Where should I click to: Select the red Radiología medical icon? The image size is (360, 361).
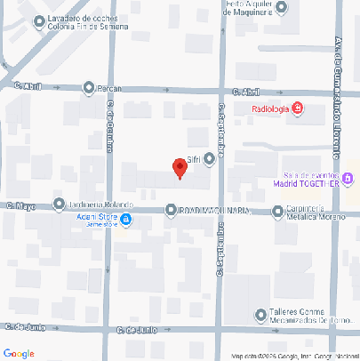[297, 109]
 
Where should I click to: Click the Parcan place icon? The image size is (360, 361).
[89, 87]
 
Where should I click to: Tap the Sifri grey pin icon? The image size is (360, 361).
[210, 159]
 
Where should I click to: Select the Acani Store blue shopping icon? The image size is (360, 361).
[127, 218]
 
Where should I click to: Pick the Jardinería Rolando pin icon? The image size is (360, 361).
[59, 204]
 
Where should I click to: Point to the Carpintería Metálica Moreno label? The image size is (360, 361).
[310, 214]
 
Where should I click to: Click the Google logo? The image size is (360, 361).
[20, 352]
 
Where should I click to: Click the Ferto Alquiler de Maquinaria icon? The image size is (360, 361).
[282, 8]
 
